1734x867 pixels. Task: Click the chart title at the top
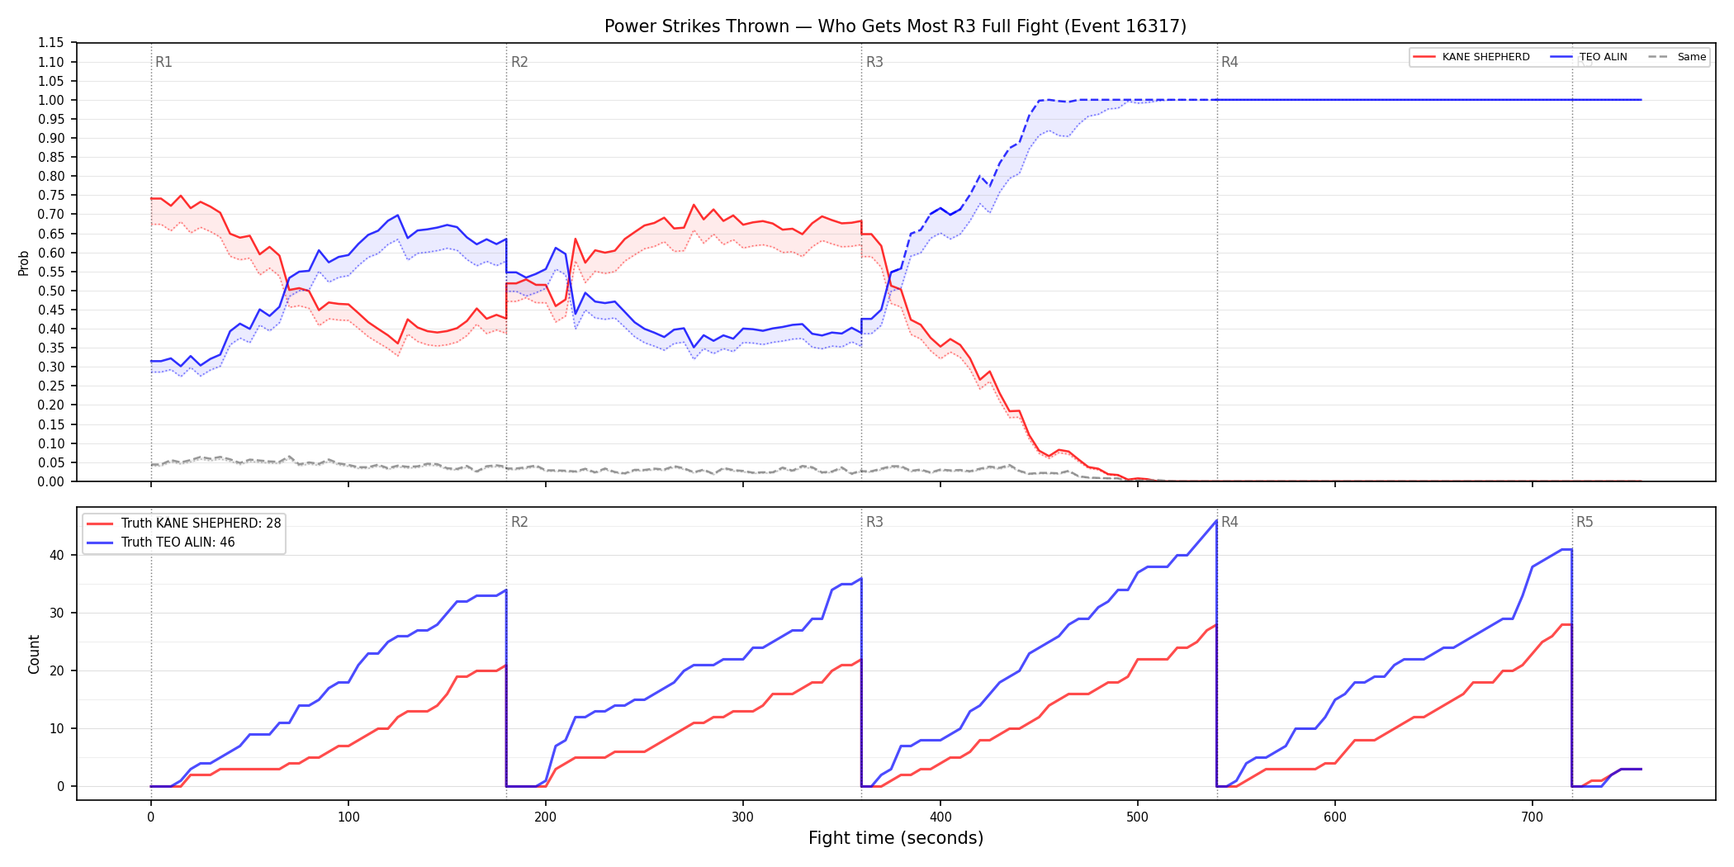point(895,26)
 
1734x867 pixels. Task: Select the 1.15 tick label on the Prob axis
point(52,43)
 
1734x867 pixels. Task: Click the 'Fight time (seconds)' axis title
point(896,838)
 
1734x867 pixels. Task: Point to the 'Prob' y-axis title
point(24,263)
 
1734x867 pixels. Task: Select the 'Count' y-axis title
point(34,654)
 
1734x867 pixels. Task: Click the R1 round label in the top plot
point(163,62)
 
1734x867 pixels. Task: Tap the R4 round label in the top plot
point(1229,62)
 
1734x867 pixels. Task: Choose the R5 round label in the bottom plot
point(1585,522)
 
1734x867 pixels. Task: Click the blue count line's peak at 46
point(1216,521)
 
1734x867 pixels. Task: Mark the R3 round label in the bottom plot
point(874,522)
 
